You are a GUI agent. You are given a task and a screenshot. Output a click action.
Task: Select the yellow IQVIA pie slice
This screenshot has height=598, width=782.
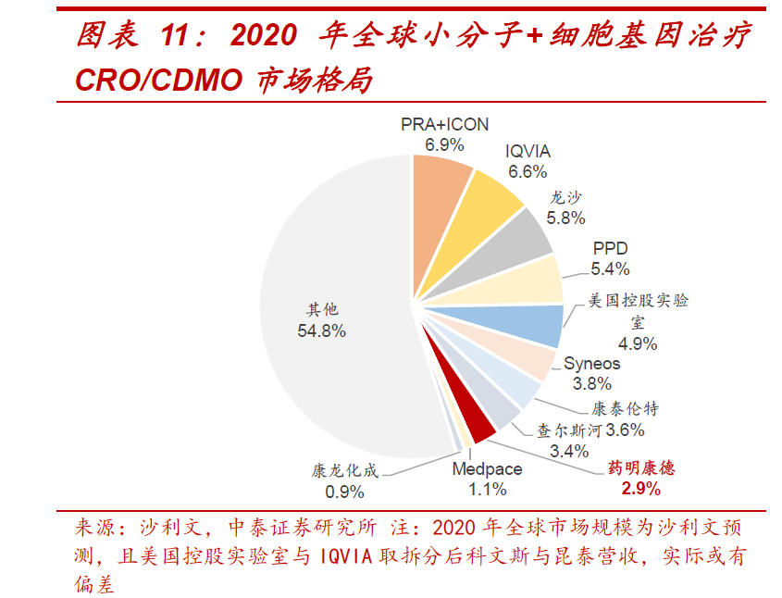pyautogui.click(x=478, y=219)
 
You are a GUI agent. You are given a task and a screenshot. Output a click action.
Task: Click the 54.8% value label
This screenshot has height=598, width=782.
pyautogui.click(x=322, y=330)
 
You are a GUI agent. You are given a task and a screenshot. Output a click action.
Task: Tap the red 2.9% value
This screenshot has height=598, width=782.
pyautogui.click(x=640, y=488)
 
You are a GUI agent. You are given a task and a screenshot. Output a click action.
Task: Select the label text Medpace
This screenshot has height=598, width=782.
pyautogui.click(x=488, y=468)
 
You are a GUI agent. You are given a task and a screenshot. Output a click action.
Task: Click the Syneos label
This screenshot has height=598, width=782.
pyautogui.click(x=592, y=364)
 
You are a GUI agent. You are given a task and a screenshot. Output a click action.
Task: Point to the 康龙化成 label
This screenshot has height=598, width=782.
pyautogui.click(x=344, y=470)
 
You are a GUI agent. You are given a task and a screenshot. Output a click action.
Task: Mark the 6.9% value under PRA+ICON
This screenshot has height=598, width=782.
pyautogui.click(x=444, y=144)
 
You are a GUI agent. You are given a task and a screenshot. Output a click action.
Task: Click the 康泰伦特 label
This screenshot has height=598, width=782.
pyautogui.click(x=625, y=409)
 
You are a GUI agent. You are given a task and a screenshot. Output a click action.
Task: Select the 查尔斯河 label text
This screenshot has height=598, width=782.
pyautogui.click(x=569, y=430)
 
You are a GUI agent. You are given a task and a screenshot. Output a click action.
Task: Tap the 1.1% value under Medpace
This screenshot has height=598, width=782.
pyautogui.click(x=488, y=490)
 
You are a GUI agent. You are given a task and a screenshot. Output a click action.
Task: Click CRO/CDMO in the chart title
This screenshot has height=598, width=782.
pyautogui.click(x=158, y=80)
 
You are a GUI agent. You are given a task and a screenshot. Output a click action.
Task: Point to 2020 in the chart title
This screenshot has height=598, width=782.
pyautogui.click(x=264, y=35)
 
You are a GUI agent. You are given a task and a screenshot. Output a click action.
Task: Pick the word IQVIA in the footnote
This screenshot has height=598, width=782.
pyautogui.click(x=345, y=556)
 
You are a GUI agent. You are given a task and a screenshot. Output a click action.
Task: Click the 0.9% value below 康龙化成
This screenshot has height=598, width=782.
pyautogui.click(x=344, y=492)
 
